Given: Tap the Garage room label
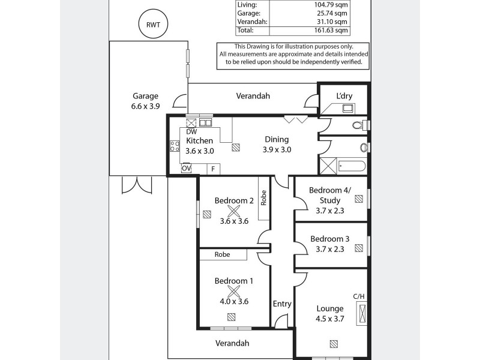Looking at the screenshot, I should (x=145, y=96).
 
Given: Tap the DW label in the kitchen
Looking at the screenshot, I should (x=191, y=132).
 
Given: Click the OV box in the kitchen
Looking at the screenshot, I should (x=186, y=169).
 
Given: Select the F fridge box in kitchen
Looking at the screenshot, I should (x=212, y=169).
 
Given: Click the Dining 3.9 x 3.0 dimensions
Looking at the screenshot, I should (x=277, y=150).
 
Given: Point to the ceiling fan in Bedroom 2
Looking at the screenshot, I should (x=233, y=210).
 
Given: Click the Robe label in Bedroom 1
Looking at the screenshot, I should (x=223, y=254).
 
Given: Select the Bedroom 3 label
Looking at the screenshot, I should (x=329, y=238).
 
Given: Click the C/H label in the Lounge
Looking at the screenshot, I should (x=359, y=296).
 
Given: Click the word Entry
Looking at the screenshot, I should (x=282, y=304).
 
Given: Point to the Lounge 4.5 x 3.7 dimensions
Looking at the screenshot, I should (x=330, y=319).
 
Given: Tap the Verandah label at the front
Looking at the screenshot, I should (x=232, y=343).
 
